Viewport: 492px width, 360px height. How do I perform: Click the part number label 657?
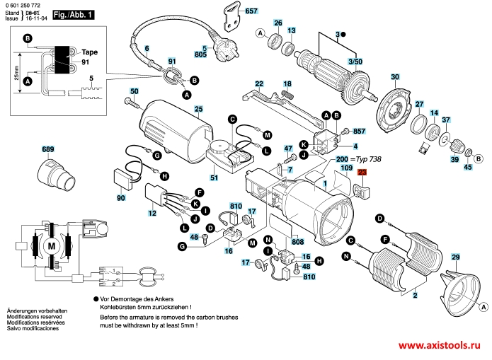click(x=251, y=12)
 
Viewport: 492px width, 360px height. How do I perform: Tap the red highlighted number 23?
click(x=362, y=173)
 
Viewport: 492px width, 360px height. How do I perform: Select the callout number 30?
click(x=394, y=76)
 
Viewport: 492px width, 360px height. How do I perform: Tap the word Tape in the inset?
click(x=89, y=53)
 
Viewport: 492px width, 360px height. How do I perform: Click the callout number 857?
click(x=359, y=132)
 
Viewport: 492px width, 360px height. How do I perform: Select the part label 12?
click(x=151, y=213)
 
